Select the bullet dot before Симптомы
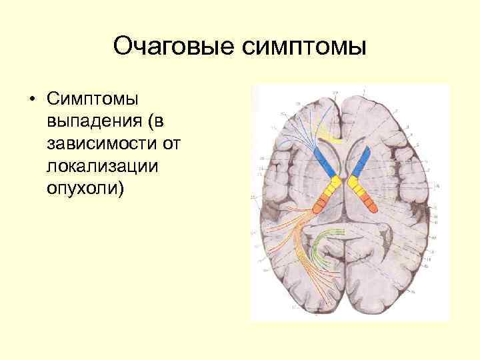(31, 101)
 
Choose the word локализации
(103, 165)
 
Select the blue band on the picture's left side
(325, 160)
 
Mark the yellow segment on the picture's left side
(331, 183)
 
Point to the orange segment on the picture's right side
(365, 198)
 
